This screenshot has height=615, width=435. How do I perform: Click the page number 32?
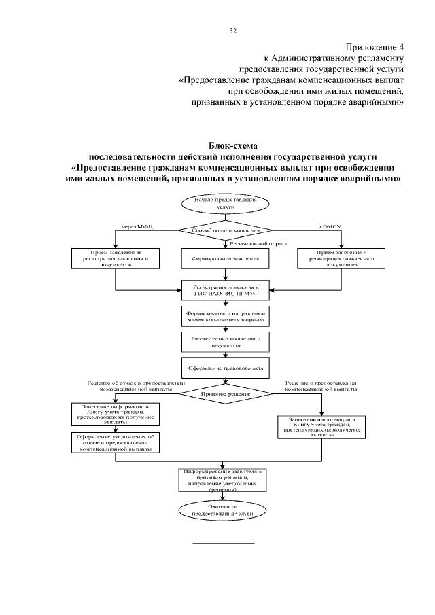[232, 31]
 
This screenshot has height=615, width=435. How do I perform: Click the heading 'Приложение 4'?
[375, 48]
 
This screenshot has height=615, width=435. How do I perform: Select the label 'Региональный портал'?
[258, 243]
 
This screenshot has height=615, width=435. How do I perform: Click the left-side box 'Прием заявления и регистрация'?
[116, 259]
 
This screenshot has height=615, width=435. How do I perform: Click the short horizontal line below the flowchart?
[224, 543]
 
